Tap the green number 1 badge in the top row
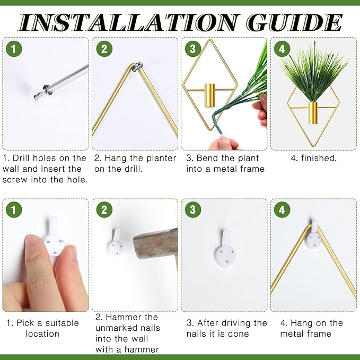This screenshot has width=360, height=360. [14, 49]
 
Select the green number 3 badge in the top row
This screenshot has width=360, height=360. [193, 49]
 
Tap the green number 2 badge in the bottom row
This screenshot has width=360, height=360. [104, 209]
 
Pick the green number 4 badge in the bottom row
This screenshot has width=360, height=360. [282, 209]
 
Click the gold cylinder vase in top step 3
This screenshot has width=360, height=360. [209, 95]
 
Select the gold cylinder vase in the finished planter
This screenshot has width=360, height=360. [313, 113]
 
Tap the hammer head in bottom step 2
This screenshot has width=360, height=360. [155, 243]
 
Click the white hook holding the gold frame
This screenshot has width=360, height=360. [313, 236]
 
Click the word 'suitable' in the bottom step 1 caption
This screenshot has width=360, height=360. [62, 323]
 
